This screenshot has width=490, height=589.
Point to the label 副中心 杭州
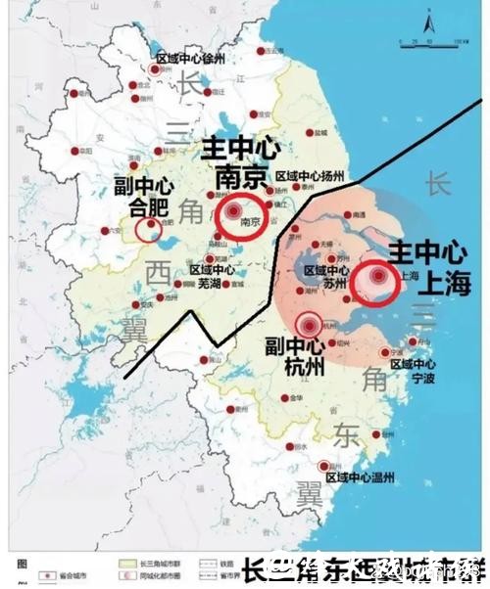tap(295, 358)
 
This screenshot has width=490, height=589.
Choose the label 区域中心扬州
tap(311, 177)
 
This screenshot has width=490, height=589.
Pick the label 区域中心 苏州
tap(326, 276)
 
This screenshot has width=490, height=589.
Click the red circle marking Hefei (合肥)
tap(149, 229)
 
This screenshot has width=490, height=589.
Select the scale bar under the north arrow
tap(430, 44)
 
